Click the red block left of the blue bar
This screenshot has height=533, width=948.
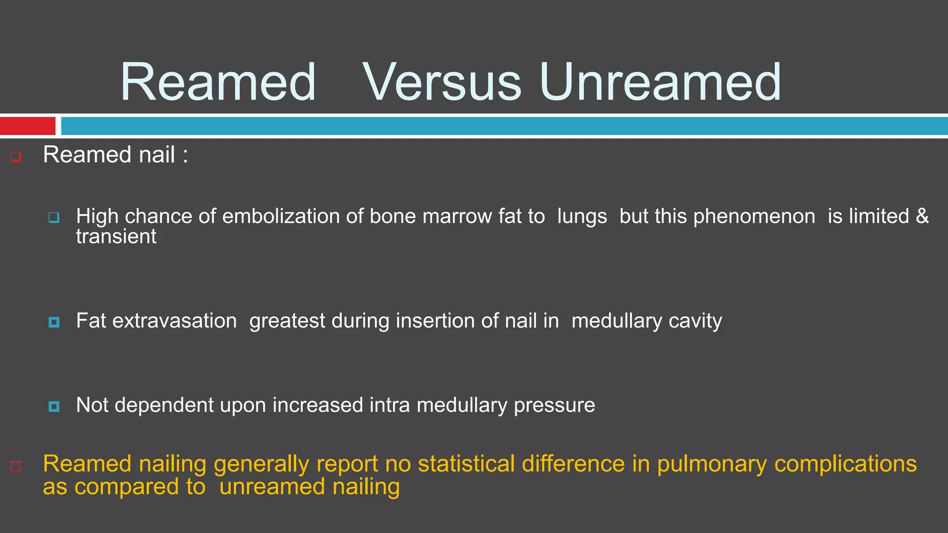coord(27,126)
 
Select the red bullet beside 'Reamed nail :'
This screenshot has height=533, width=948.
coord(16,157)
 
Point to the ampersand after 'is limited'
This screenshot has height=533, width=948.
coord(922,216)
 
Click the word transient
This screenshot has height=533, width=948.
coord(116,237)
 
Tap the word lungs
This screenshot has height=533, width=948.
coord(582,217)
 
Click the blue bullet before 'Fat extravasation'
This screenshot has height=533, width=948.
coord(54,322)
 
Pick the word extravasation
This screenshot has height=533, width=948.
coord(175,321)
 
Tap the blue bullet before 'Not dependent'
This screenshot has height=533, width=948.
coord(54,406)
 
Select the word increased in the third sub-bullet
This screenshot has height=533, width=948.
coord(318,405)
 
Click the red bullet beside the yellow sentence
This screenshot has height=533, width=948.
coord(16,466)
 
